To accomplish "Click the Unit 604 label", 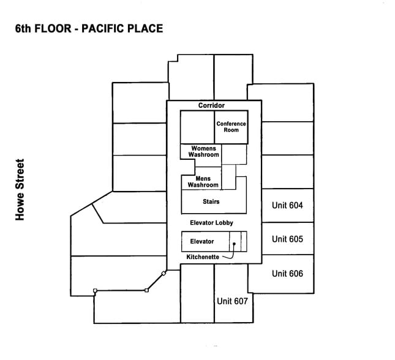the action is (287, 205).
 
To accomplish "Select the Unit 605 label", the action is (287, 239).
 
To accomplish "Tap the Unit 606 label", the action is (287, 273).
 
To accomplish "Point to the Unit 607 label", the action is (232, 301).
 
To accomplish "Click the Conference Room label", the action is (231, 127).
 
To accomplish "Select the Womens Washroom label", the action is (203, 151).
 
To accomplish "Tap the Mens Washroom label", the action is (203, 182).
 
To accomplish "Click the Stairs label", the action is (211, 201).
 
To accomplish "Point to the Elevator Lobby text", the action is (212, 223).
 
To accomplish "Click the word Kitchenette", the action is (203, 257).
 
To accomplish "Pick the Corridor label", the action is (211, 105).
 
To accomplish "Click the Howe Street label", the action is (20, 190).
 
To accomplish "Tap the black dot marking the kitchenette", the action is (234, 244).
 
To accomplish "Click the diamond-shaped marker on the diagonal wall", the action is (164, 273).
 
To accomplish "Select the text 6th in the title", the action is (23, 28).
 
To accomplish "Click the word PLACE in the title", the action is (145, 28).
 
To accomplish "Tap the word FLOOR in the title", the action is (53, 28).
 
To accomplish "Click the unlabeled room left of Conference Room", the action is (197, 127).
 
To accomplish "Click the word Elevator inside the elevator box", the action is (202, 241).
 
